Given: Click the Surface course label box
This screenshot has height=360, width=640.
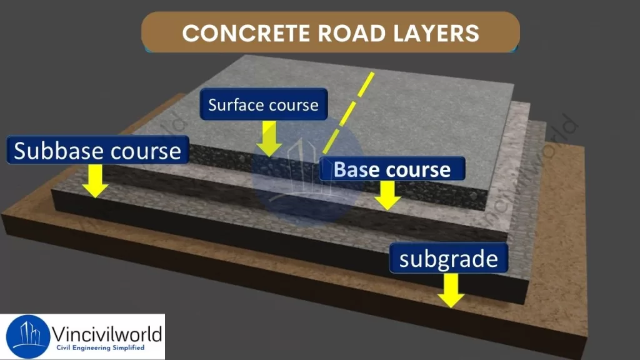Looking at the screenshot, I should point(263,104).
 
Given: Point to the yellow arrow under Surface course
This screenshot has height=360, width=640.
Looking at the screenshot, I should point(270,138).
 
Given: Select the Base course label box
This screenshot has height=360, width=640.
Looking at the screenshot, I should point(392,169).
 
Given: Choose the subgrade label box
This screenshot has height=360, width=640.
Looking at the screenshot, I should point(448,258).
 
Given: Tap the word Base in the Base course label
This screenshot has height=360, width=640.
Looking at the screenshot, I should point(358,169).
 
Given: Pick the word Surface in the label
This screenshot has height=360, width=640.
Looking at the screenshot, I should point(232,104).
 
